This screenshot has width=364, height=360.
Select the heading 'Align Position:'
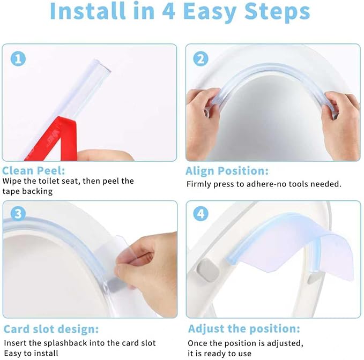tap(227, 171)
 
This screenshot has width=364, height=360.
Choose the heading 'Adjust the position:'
tap(243, 328)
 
